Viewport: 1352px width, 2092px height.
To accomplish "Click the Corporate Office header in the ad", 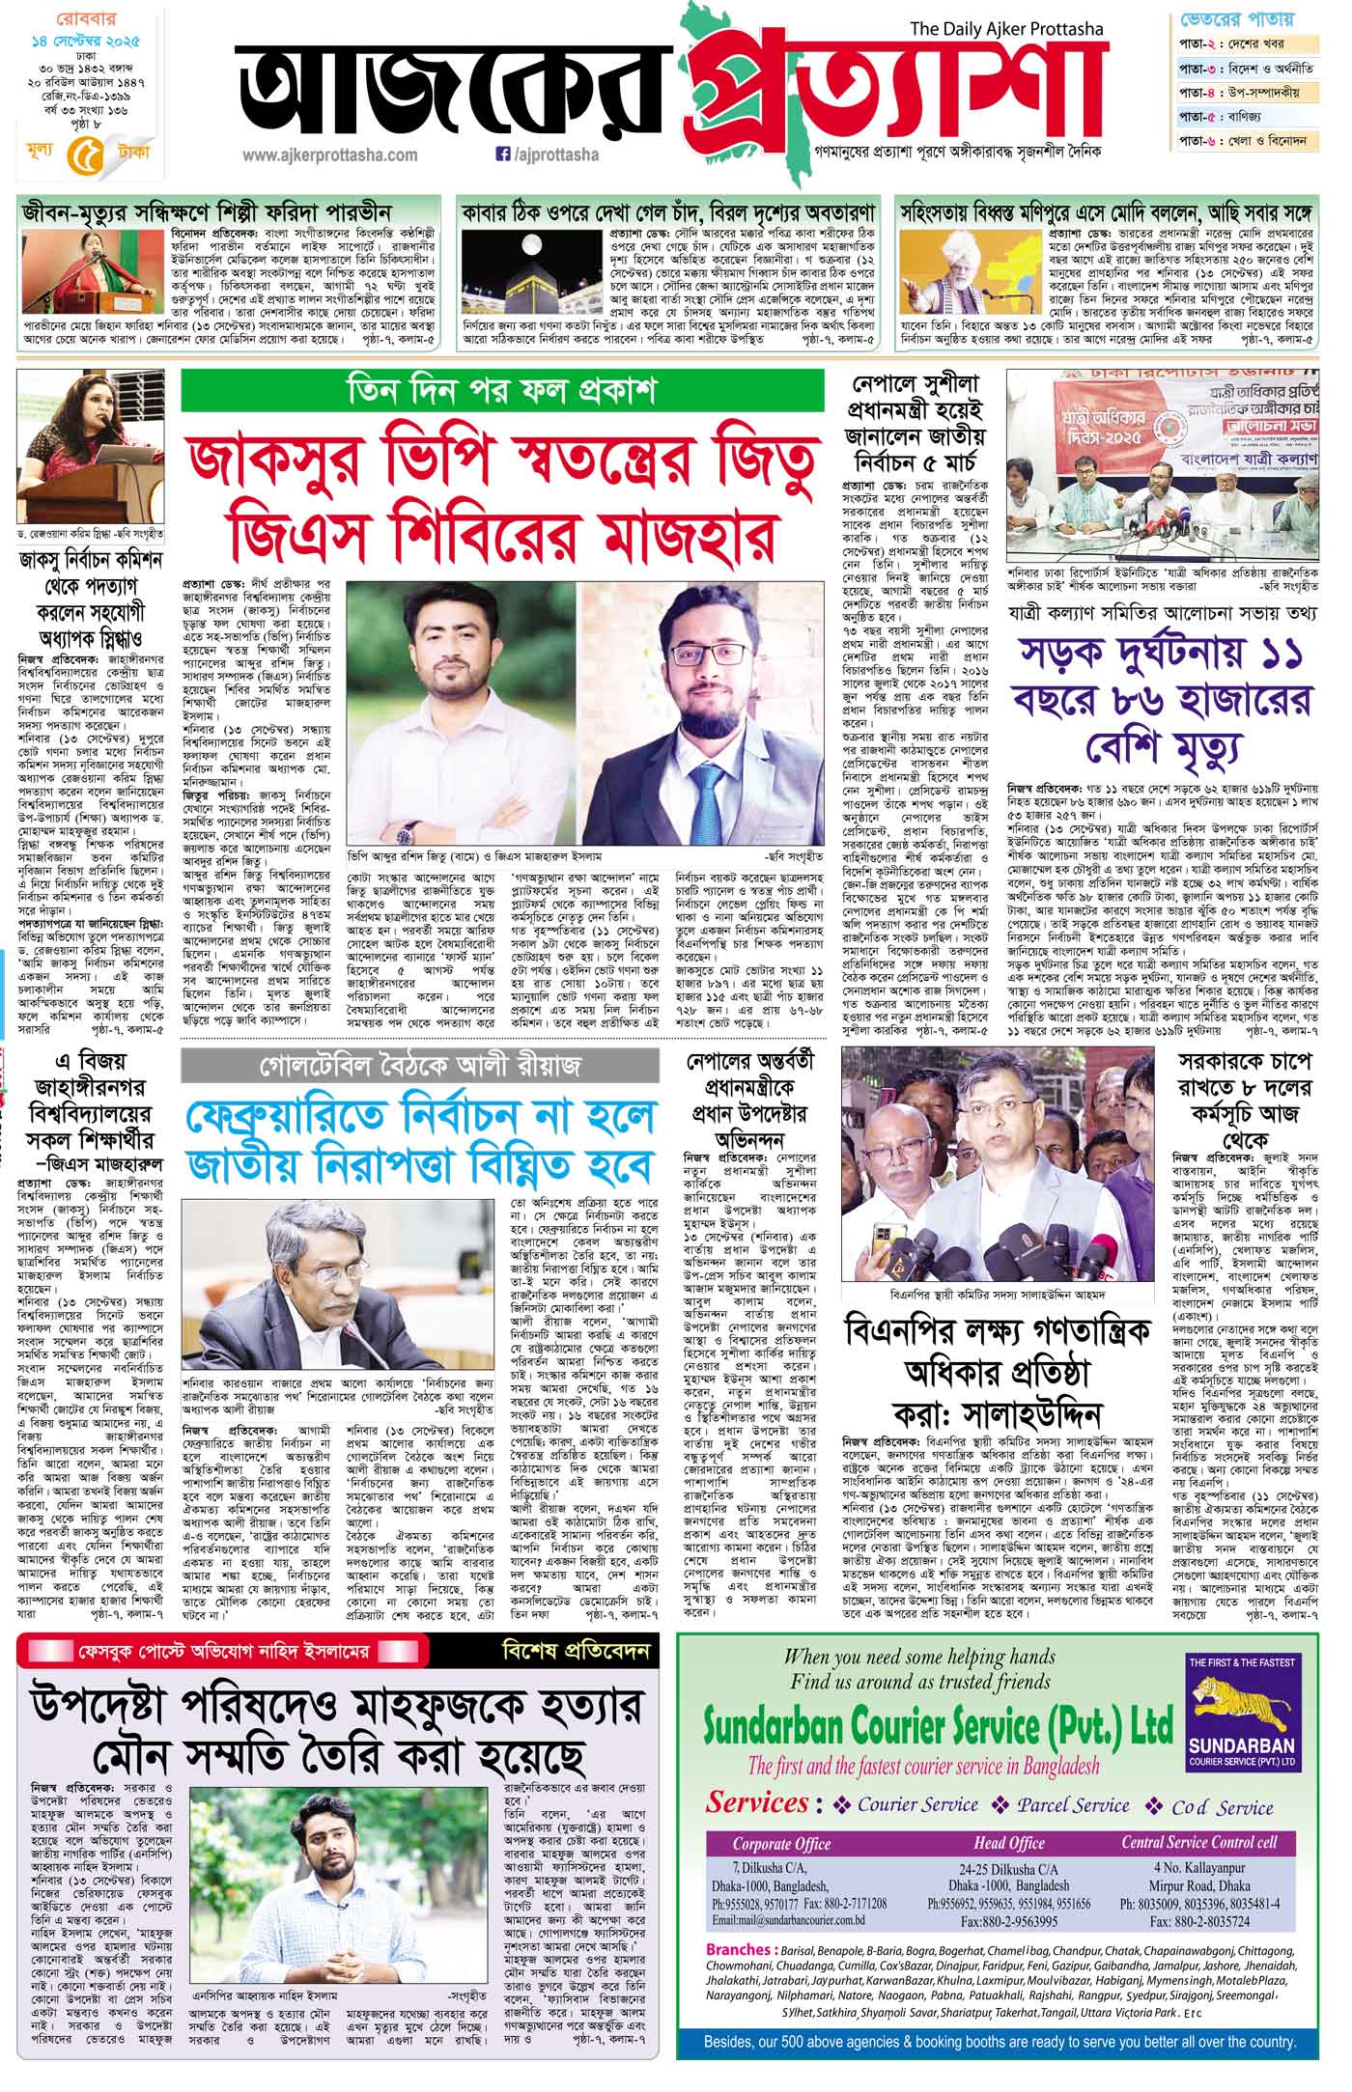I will (x=782, y=1844).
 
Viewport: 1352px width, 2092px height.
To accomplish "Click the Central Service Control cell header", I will (x=1212, y=1843).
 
